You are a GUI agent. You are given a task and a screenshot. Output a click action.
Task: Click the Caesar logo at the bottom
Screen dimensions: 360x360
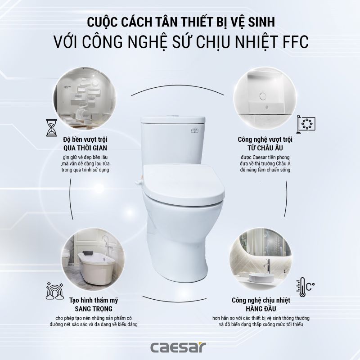(178, 347)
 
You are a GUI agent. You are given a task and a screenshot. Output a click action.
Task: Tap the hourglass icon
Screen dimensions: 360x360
(52, 128)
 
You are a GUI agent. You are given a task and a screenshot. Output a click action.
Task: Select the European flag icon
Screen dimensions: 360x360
(305, 125)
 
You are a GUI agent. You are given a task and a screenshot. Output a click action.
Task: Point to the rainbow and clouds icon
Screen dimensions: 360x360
(54, 291)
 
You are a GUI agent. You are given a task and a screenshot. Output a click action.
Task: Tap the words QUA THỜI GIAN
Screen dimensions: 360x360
(85, 148)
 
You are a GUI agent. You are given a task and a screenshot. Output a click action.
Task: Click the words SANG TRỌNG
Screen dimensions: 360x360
(94, 309)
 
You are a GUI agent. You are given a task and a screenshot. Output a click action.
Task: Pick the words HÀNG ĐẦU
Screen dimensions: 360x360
(261, 308)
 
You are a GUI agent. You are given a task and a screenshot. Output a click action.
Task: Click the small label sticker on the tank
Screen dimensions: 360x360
(195, 130)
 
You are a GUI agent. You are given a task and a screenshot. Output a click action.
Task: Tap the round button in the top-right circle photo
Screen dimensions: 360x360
(263, 96)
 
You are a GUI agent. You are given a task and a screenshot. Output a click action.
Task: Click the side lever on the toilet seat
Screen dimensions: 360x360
(139, 182)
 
